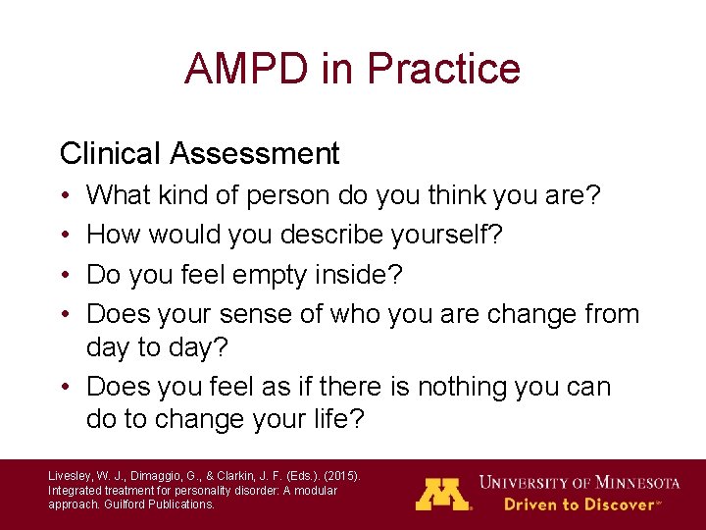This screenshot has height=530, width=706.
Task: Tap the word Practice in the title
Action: [x=443, y=69]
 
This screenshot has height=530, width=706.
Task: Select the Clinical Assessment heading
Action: [x=199, y=154]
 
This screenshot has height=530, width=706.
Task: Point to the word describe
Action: [x=330, y=236]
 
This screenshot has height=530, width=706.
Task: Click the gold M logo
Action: [x=443, y=493]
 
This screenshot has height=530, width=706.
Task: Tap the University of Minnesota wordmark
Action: [x=579, y=483]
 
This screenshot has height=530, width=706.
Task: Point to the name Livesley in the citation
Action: [x=71, y=476]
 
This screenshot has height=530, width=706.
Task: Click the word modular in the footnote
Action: [x=312, y=490]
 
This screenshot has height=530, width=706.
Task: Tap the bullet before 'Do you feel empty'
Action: [x=65, y=275]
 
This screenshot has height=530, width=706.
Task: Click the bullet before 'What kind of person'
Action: [x=65, y=196]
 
